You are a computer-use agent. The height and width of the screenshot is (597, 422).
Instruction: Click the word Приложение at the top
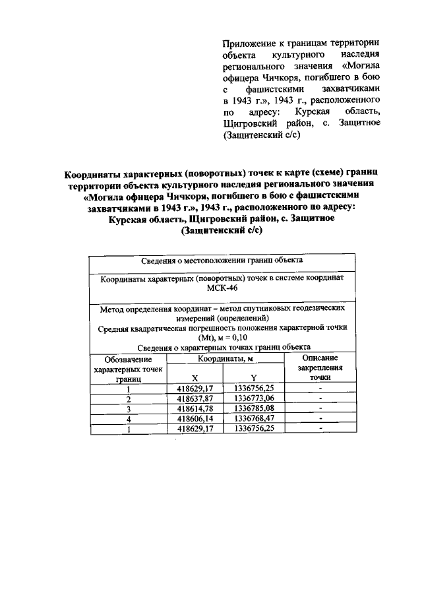(x=247, y=43)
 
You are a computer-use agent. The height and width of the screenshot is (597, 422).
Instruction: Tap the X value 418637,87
(x=195, y=399)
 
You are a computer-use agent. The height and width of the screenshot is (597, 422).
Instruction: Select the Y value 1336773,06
(x=253, y=399)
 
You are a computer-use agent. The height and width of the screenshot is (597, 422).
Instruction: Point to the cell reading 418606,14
(x=195, y=418)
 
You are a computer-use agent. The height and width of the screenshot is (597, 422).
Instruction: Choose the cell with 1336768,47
(x=253, y=418)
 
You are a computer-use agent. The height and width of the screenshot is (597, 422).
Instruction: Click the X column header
(x=195, y=378)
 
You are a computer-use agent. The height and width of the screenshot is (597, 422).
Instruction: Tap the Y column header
(x=253, y=378)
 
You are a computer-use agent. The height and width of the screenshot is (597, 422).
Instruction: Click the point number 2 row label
(x=129, y=399)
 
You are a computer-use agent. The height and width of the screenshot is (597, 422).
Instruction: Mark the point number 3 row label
(x=129, y=409)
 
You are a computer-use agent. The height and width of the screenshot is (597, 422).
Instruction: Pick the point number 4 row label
(x=129, y=418)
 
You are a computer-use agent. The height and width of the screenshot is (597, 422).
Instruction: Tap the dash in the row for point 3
(x=320, y=409)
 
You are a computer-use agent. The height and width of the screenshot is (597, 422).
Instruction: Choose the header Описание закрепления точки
(x=320, y=367)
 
